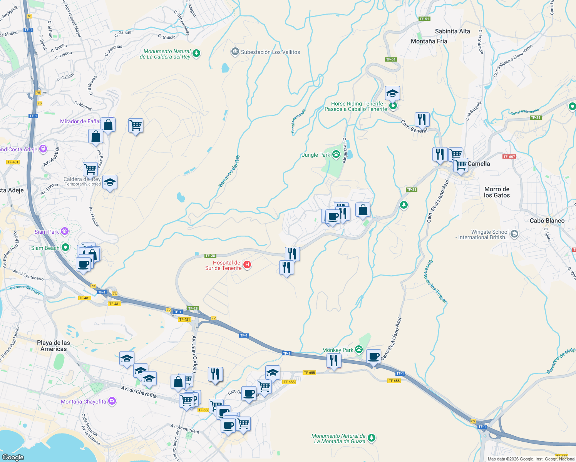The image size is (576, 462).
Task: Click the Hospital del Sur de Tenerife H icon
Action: pyautogui.click(x=247, y=265)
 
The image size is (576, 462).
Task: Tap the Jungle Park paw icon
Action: pyautogui.click(x=336, y=154)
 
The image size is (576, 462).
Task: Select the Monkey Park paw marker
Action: pyautogui.click(x=359, y=350)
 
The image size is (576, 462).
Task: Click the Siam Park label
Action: pyautogui.click(x=47, y=232)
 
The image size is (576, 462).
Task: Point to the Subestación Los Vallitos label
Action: pyautogui.click(x=270, y=52)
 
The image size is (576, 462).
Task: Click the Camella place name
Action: pyautogui.click(x=479, y=164)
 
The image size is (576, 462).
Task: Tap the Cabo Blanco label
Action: pyautogui.click(x=547, y=221)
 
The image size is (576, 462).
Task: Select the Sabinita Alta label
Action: pyautogui.click(x=452, y=31)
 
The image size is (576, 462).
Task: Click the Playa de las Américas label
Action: pyautogui.click(x=54, y=346)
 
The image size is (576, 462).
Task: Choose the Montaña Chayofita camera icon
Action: pyautogui.click(x=112, y=401)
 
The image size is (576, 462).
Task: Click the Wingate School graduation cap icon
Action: pyautogui.click(x=514, y=234)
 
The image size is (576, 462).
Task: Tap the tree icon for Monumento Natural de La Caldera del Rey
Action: pyautogui.click(x=196, y=53)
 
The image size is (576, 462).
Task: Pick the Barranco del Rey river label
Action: pyautogui.click(x=229, y=171)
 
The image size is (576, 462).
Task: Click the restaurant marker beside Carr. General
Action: pyautogui.click(x=422, y=119)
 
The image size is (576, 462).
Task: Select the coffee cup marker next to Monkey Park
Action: pyautogui.click(x=373, y=356)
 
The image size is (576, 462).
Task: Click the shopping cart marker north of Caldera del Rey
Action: pyautogui.click(x=90, y=169)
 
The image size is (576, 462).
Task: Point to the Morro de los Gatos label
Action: pyautogui.click(x=497, y=192)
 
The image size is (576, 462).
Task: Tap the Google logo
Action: pyautogui.click(x=13, y=457)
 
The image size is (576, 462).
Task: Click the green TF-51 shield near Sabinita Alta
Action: pyautogui.click(x=424, y=18)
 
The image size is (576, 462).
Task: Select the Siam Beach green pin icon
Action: pyautogui.click(x=65, y=248)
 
